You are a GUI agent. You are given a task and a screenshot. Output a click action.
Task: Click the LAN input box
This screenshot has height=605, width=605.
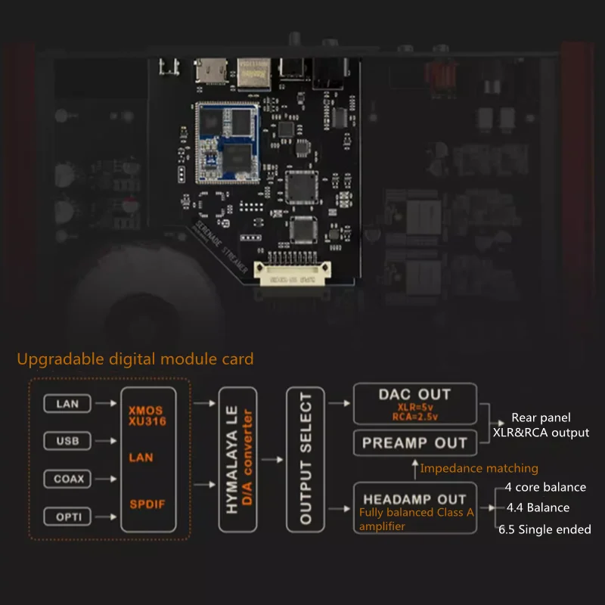coord(67,404)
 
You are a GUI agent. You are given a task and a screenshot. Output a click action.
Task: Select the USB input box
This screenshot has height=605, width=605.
coord(67,441)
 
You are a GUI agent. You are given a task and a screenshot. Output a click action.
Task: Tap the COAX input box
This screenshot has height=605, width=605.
coord(67,479)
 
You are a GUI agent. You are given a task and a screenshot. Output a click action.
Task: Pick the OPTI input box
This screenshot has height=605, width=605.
coord(67,517)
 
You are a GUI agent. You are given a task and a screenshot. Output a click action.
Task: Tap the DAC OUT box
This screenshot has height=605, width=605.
coord(414,404)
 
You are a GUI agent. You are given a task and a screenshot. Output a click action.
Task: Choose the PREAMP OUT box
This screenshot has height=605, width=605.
coord(414,443)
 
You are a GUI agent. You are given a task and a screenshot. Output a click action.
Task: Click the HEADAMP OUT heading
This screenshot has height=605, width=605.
coord(414,499)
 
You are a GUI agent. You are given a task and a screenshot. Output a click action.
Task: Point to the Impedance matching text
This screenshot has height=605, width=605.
coord(479,468)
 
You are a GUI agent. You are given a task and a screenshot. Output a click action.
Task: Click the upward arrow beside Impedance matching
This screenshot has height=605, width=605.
coord(413,469)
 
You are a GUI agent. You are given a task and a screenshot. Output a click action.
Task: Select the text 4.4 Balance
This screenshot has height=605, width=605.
coord(538,507)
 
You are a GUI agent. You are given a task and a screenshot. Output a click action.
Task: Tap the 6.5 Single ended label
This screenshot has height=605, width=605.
coord(544,529)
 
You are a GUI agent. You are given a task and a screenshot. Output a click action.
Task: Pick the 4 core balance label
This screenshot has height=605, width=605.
coord(545,487)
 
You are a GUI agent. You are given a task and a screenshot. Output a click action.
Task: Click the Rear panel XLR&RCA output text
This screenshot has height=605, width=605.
coord(550,425)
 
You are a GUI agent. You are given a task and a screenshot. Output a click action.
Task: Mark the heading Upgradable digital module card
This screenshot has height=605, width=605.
coord(135,358)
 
